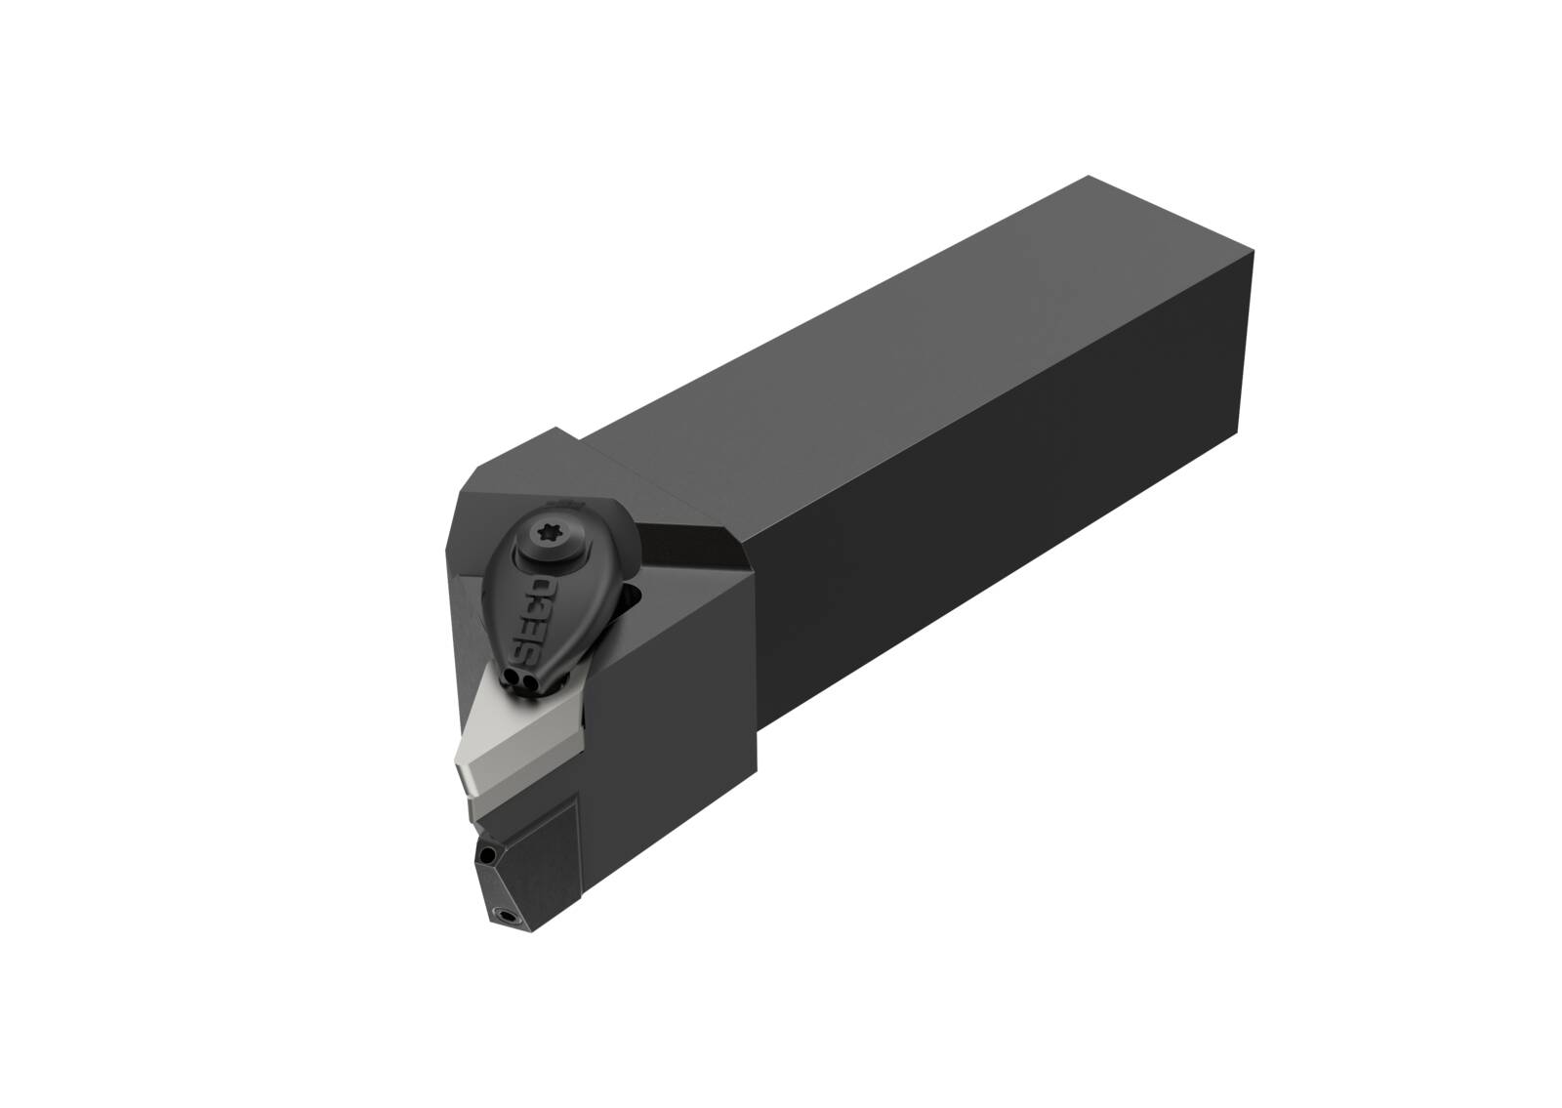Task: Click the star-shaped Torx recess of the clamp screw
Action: point(548,535)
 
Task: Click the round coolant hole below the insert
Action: point(489,855)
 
